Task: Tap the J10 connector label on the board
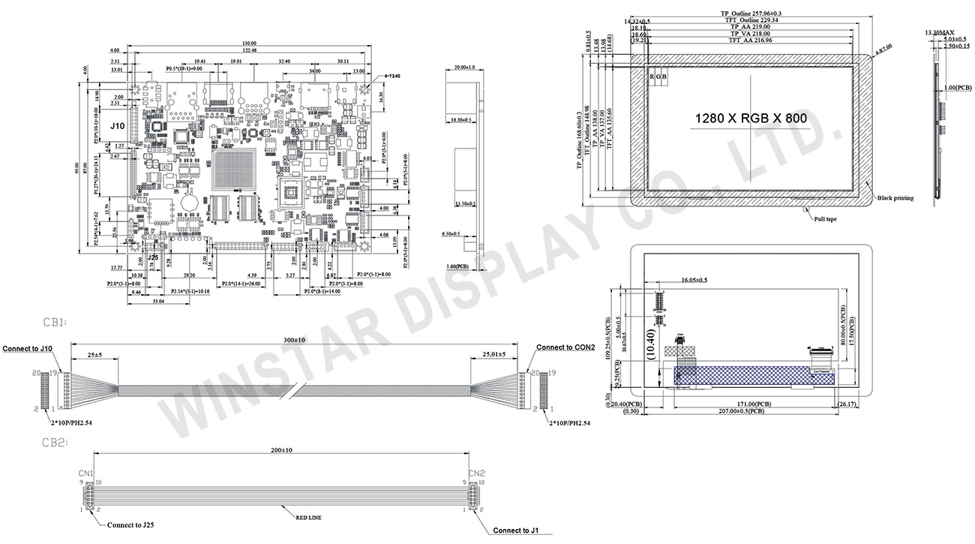pyautogui.click(x=118, y=126)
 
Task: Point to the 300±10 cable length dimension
pyautogui.click(x=294, y=340)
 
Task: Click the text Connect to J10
pyautogui.click(x=28, y=349)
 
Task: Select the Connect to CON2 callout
pyautogui.click(x=565, y=347)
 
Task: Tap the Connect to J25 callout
pyautogui.click(x=133, y=525)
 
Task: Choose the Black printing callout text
pyautogui.click(x=895, y=198)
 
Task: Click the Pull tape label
pyautogui.click(x=825, y=219)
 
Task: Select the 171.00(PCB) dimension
pyautogui.click(x=739, y=404)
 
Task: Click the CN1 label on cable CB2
pyautogui.click(x=85, y=473)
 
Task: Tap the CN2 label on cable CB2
pyautogui.click(x=476, y=473)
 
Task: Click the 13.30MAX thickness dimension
pyautogui.click(x=940, y=33)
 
